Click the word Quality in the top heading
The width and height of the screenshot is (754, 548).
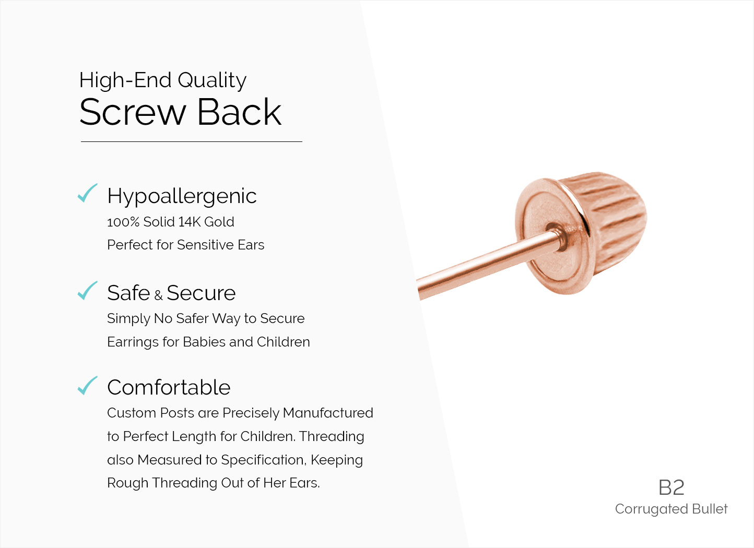tap(212, 81)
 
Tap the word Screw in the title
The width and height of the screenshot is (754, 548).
tap(133, 112)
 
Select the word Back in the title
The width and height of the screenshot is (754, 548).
tap(239, 112)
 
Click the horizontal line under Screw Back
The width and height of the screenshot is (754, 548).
tap(191, 141)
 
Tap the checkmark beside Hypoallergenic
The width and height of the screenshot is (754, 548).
tap(87, 193)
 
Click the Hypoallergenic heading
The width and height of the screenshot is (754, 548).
tap(182, 196)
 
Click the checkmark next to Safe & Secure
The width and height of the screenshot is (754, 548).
tap(87, 290)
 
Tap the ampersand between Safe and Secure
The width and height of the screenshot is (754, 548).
tap(158, 295)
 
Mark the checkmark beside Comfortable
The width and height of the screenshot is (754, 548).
tap(87, 385)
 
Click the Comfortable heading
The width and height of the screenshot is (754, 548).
tap(169, 387)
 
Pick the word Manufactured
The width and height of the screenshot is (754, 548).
tap(328, 413)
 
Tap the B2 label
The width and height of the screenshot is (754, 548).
tap(671, 488)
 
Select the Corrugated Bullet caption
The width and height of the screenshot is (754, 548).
tap(671, 509)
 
